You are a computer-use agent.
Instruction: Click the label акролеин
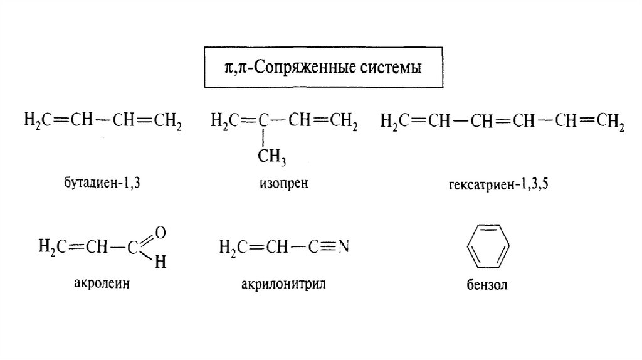(103, 283)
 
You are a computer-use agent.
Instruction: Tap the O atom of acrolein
(160, 232)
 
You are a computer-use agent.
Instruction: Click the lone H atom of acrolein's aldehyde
(160, 263)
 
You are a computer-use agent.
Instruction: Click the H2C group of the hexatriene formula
(393, 120)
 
